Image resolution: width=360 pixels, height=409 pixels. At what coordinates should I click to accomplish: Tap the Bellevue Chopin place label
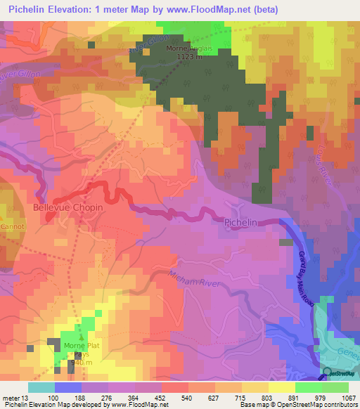tap(67, 208)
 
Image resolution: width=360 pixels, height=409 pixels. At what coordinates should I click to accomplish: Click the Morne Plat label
tap(78, 346)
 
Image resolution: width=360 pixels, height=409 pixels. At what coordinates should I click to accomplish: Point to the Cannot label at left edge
tap(11, 227)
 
